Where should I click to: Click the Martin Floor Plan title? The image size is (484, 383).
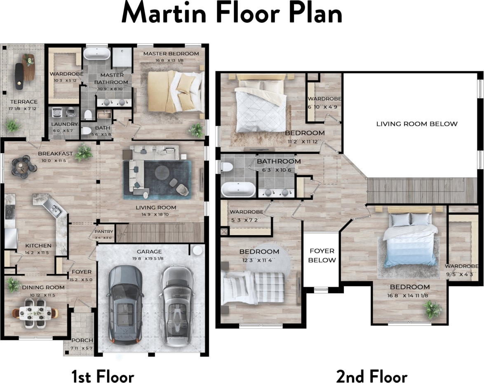232,14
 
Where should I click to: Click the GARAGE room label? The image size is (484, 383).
149,252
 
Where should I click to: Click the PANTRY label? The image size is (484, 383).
104,232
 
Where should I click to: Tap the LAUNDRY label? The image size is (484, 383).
65,124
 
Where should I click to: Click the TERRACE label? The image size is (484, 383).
24,102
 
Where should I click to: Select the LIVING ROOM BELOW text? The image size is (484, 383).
417,124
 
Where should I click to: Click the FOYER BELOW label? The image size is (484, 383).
322,255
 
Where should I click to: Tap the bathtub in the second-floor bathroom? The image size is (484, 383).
238,190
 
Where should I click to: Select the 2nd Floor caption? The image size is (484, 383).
371,376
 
